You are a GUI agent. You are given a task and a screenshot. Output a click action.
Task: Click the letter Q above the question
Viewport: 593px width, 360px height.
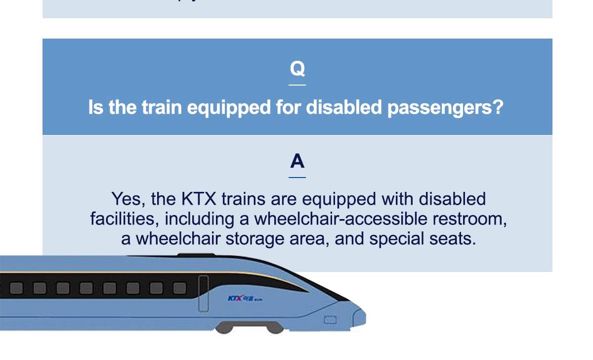297,69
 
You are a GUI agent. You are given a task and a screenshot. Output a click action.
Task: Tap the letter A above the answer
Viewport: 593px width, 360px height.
297,161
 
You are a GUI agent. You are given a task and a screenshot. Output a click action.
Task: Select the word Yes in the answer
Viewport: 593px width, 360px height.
127,199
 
